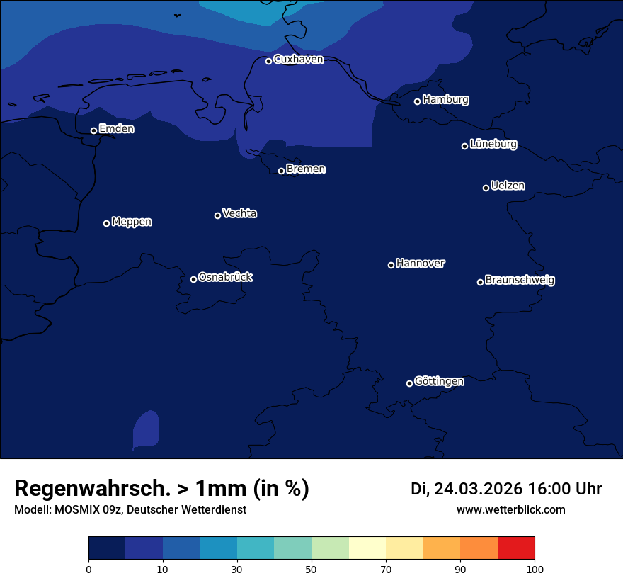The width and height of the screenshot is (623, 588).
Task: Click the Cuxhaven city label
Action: point(298,60)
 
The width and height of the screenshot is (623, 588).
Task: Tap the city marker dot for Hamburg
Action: point(417,101)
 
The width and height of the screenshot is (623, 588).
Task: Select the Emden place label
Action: point(116,129)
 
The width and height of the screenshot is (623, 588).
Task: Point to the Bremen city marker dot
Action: point(281,171)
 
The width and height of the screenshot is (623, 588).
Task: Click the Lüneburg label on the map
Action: point(493,145)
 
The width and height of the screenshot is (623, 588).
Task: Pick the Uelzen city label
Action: point(508,186)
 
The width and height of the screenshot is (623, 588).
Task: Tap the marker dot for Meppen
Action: point(106,223)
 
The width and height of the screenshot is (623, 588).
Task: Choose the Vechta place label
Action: point(239,213)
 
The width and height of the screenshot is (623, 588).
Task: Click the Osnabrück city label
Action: point(225,277)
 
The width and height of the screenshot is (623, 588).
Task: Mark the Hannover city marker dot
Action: point(391,265)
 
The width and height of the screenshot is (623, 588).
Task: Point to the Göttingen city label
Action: point(439,381)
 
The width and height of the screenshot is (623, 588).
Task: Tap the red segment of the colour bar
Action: point(516,548)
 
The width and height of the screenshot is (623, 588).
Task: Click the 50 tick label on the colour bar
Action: point(311,570)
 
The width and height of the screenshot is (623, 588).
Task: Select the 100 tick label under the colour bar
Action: point(535,570)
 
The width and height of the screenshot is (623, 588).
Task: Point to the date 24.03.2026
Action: point(478,489)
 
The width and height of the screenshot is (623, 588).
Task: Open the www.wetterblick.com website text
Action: point(510,509)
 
